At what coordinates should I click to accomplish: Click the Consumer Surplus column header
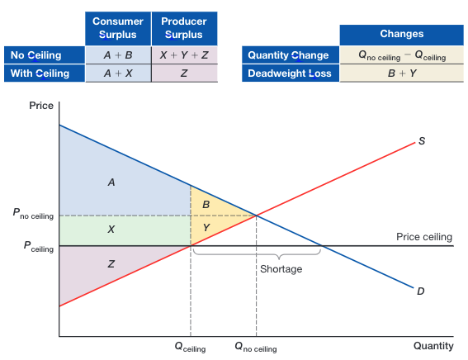tap(118, 28)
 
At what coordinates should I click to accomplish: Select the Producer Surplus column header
tap(183, 28)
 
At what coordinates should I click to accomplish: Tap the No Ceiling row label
tap(45, 55)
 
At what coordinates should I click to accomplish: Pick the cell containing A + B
tap(118, 55)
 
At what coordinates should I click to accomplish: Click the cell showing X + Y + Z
tap(183, 55)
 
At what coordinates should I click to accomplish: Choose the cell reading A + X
tap(118, 73)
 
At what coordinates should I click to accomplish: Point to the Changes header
tap(401, 34)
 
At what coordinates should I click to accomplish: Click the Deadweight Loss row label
tap(288, 73)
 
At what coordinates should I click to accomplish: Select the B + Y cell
tap(401, 73)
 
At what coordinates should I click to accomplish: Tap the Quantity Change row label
tap(288, 55)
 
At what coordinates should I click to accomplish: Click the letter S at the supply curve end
tap(422, 141)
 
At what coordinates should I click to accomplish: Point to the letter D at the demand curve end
tap(421, 291)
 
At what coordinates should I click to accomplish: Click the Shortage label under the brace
tap(281, 269)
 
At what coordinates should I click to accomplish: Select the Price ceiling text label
tap(423, 237)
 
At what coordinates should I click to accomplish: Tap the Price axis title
tap(40, 106)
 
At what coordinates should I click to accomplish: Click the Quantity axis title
tap(433, 346)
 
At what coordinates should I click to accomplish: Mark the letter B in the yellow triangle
tap(206, 204)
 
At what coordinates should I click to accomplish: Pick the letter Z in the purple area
tap(111, 263)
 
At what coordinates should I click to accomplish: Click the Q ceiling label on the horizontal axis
tap(190, 348)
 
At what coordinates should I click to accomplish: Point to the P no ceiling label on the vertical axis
tap(33, 215)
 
